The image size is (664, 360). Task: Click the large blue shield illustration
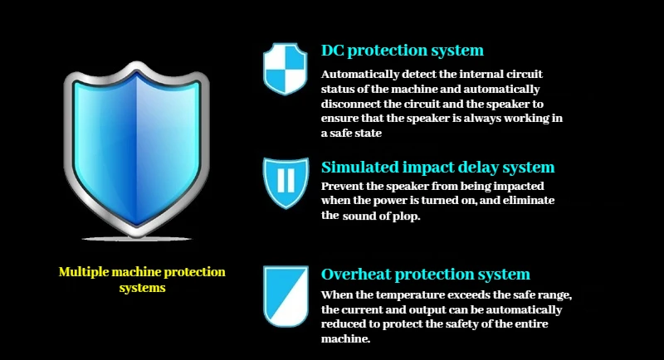click(137, 149)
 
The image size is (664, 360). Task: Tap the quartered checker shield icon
click(285, 69)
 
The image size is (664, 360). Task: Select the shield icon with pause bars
click(286, 182)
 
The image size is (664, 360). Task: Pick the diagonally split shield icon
click(286, 296)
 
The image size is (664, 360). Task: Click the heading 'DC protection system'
click(403, 51)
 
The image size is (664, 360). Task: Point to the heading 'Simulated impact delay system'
click(438, 167)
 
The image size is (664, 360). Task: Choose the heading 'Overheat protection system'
click(426, 274)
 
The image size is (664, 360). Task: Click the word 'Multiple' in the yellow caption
click(84, 272)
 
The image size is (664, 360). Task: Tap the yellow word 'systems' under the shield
click(142, 288)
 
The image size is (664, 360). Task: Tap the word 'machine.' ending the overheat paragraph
click(345, 339)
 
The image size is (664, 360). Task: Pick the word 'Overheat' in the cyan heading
click(356, 274)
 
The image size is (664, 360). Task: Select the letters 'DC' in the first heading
click(333, 51)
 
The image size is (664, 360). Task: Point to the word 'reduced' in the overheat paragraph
click(341, 324)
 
